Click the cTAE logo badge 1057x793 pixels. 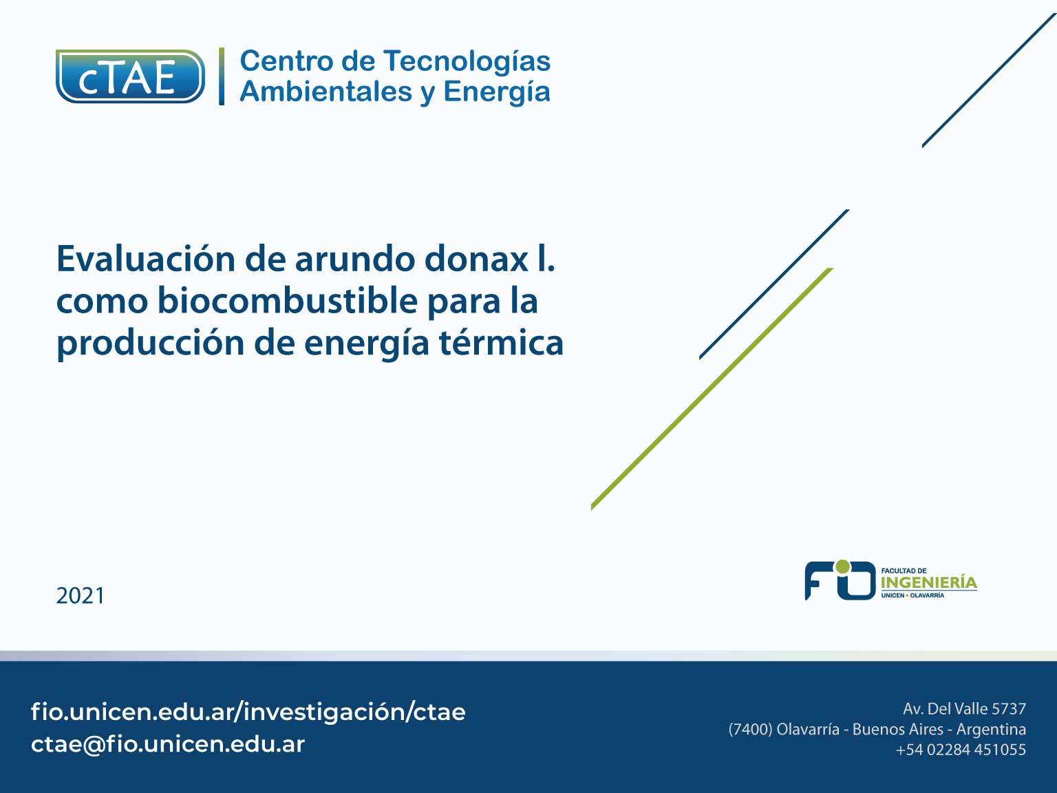coord(130,76)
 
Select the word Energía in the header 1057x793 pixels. coord(496,92)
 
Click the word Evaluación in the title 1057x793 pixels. coord(146,259)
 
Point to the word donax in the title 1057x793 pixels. coord(476,260)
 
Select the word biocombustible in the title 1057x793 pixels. coord(288,301)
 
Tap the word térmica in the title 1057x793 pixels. coord(501,343)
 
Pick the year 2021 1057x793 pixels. coord(81,595)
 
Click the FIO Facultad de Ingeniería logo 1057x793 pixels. coord(891,580)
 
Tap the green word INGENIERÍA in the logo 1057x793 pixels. coord(929,582)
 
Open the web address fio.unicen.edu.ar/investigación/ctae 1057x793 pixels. coord(248,712)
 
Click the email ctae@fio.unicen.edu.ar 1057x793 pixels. coord(168,744)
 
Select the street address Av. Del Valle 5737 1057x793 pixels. coord(964,709)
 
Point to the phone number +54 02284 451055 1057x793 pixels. coord(961,750)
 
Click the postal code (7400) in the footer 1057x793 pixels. coord(750,730)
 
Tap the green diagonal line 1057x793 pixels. coord(712,388)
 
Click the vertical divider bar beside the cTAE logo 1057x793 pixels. coord(222,76)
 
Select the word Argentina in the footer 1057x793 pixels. coord(991,730)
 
